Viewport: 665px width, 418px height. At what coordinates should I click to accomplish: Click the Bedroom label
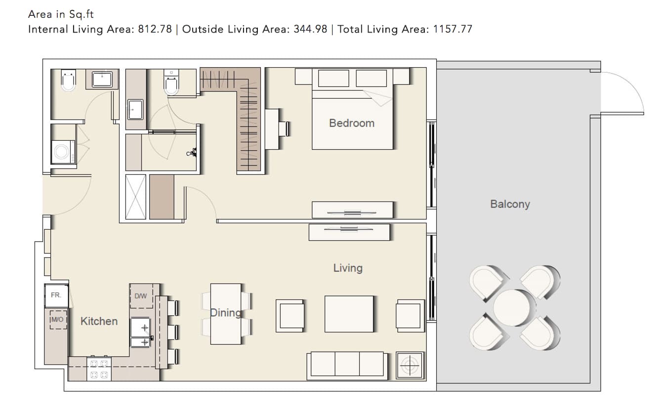351,123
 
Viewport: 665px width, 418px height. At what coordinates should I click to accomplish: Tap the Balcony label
510,204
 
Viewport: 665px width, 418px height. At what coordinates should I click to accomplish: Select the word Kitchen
99,321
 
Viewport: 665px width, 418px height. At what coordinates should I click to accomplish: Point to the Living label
348,268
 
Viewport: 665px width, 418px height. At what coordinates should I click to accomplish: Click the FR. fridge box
56,295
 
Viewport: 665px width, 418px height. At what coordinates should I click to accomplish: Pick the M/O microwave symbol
58,320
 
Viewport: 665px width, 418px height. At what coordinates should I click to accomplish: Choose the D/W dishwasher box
142,296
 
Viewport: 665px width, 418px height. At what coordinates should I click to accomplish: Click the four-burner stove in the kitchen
99,369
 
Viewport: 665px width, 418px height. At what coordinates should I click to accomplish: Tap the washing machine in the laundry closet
63,152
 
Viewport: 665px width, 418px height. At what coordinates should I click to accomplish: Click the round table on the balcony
511,308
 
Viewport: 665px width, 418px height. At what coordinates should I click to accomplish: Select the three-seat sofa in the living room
347,366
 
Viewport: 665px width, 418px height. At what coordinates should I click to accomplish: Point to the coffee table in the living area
349,314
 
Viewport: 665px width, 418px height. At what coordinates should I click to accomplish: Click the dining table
226,314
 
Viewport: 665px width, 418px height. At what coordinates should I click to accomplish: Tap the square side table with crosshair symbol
410,366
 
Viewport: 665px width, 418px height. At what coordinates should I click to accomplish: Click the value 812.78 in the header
155,29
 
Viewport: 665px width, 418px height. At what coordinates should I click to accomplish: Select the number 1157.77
453,29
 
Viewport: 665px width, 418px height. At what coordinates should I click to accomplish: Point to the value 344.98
310,29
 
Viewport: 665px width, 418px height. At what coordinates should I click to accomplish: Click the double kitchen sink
140,332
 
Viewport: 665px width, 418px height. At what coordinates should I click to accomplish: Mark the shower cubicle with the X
136,197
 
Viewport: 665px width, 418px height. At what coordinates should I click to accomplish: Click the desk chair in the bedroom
284,129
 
